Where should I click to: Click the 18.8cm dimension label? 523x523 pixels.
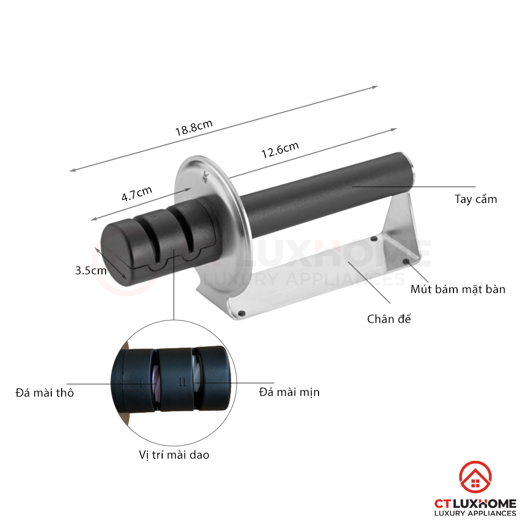(194, 128)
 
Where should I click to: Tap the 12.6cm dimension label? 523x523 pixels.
(280, 150)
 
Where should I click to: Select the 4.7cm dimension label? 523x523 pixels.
(137, 194)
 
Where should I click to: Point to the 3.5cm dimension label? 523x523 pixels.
(90, 270)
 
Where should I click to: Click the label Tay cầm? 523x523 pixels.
(475, 199)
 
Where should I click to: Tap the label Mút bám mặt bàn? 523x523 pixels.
(458, 289)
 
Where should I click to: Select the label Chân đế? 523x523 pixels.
(389, 319)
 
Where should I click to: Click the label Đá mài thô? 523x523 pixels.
(44, 393)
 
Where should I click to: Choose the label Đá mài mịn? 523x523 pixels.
(289, 392)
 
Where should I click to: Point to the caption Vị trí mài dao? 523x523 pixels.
(174, 455)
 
